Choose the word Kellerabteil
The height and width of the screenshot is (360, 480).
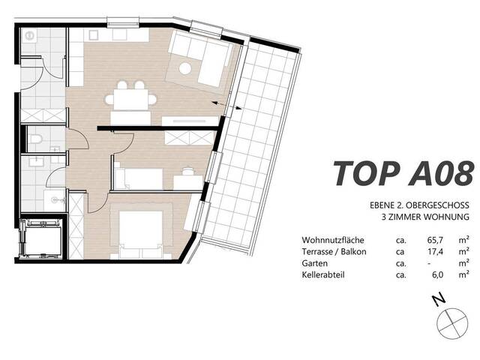point(323,276)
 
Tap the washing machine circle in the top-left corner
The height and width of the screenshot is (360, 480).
point(31,35)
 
